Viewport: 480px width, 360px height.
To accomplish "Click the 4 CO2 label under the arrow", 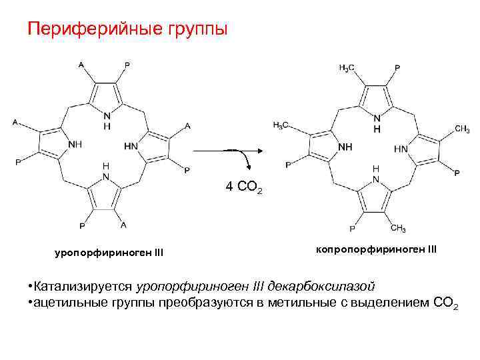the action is [245, 188].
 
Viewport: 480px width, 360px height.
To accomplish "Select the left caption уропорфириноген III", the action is [108, 253].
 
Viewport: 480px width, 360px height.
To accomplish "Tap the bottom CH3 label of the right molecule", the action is [398, 229].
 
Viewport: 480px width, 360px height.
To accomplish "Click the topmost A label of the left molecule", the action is [81, 65].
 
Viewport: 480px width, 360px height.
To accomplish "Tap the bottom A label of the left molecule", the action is [123, 225].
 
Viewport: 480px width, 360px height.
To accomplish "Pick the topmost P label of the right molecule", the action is [397, 68].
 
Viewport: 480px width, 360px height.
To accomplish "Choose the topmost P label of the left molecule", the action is [127, 65].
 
